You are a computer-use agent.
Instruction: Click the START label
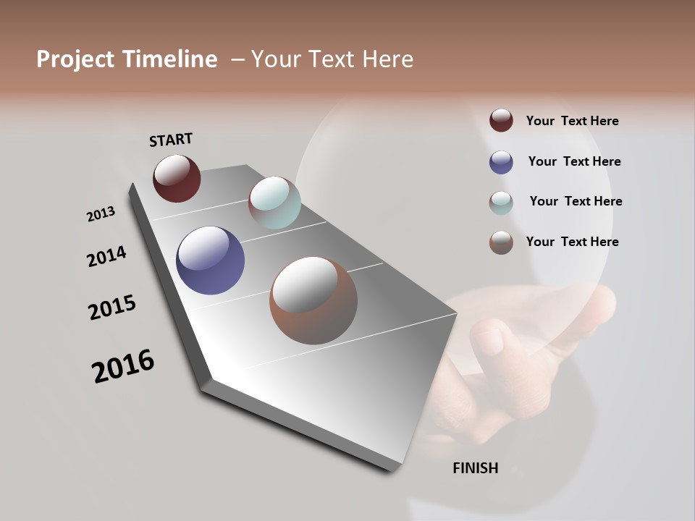(x=171, y=140)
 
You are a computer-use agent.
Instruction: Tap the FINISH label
(x=475, y=468)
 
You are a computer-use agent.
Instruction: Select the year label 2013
(x=101, y=214)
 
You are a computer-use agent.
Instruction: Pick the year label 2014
(x=106, y=256)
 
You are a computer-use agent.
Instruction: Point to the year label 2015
(x=112, y=308)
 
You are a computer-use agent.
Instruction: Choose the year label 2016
(x=123, y=366)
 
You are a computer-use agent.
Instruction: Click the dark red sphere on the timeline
(x=177, y=178)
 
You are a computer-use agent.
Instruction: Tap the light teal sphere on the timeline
(x=274, y=203)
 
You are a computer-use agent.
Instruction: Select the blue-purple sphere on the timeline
(x=210, y=260)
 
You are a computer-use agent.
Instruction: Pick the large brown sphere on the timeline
(x=313, y=300)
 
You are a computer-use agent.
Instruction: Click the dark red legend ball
(x=501, y=121)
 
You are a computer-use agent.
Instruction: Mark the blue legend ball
(x=501, y=161)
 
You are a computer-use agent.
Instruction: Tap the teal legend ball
(x=501, y=202)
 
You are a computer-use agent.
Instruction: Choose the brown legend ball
(x=501, y=242)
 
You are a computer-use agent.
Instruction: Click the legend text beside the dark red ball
(x=572, y=121)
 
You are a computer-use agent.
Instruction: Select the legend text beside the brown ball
(x=572, y=242)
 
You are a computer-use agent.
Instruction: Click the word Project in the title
(x=76, y=59)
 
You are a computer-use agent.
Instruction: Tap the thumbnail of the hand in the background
(x=507, y=347)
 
